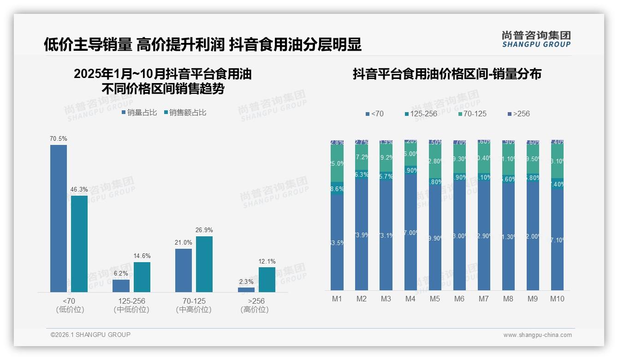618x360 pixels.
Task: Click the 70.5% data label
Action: click(59, 138)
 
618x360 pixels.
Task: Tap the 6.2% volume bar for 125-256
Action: click(121, 286)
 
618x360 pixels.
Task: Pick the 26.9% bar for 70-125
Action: click(204, 264)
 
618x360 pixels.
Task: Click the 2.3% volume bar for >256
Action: click(246, 290)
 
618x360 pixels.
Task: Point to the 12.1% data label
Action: click(267, 261)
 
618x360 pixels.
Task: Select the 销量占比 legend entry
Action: click(139, 112)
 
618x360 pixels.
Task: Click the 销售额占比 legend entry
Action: click(185, 112)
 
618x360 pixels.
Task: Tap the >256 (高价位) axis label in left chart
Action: click(255, 305)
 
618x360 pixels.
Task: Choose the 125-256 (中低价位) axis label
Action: click(131, 305)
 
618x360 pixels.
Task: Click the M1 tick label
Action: click(337, 299)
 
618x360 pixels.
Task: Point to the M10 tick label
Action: click(557, 299)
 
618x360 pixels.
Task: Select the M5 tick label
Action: click(435, 299)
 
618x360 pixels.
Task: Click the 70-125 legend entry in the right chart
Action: click(473, 114)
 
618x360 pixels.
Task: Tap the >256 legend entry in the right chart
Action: click(518, 114)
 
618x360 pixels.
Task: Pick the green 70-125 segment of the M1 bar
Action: click(337, 164)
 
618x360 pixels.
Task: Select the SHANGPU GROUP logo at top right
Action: click(536, 39)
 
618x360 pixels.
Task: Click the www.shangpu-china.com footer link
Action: click(537, 335)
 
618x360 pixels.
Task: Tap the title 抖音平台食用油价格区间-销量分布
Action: click(447, 74)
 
